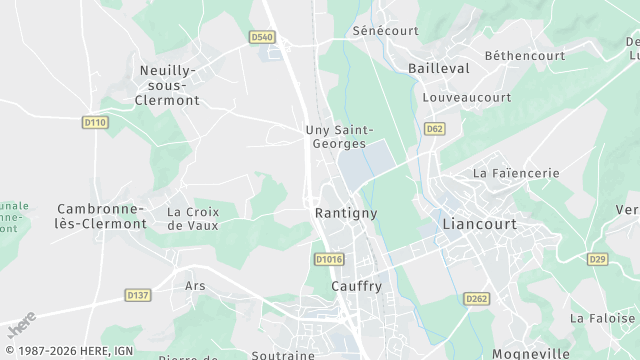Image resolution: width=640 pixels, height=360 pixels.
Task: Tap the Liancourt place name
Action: point(479,224)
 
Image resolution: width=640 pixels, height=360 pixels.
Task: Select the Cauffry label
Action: point(356,286)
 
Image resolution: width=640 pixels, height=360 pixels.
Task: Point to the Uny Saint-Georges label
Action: point(339,136)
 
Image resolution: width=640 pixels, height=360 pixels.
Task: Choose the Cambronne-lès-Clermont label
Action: point(101,215)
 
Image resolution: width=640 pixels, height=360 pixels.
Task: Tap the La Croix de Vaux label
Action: point(193,218)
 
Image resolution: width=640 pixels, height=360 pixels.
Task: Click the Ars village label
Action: point(195,285)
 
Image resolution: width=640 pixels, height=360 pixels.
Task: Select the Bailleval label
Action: point(439,68)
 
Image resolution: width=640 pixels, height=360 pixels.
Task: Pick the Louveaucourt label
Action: point(467,98)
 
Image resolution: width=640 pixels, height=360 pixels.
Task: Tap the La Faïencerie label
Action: point(516,173)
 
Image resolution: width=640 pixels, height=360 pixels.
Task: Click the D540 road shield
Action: point(262,37)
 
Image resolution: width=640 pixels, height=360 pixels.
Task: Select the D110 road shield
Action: point(95,121)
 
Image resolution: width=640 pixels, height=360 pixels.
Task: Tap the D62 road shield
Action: point(434,129)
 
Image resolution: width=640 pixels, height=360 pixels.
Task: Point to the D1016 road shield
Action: point(328,259)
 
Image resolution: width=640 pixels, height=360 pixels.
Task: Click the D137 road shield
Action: point(138,295)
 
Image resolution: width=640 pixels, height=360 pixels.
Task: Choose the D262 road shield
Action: point(476,298)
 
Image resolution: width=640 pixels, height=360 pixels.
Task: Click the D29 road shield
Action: point(597,259)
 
